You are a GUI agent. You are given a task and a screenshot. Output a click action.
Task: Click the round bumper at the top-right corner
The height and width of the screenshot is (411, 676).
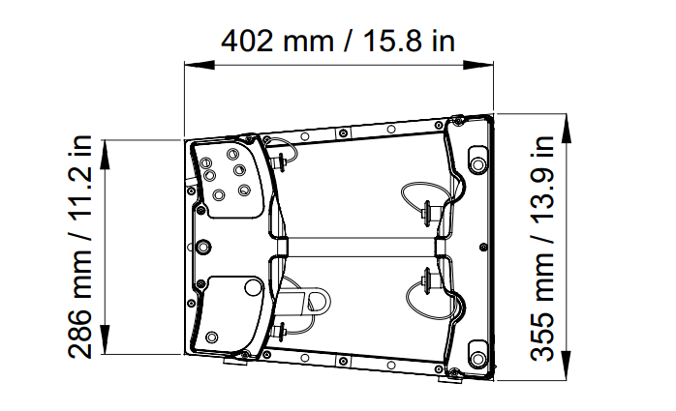pos(476,161)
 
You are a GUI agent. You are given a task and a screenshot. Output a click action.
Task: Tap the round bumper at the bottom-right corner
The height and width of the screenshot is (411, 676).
pos(476,354)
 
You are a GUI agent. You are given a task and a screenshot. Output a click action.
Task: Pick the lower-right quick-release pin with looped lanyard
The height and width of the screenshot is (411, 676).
pos(427,281)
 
